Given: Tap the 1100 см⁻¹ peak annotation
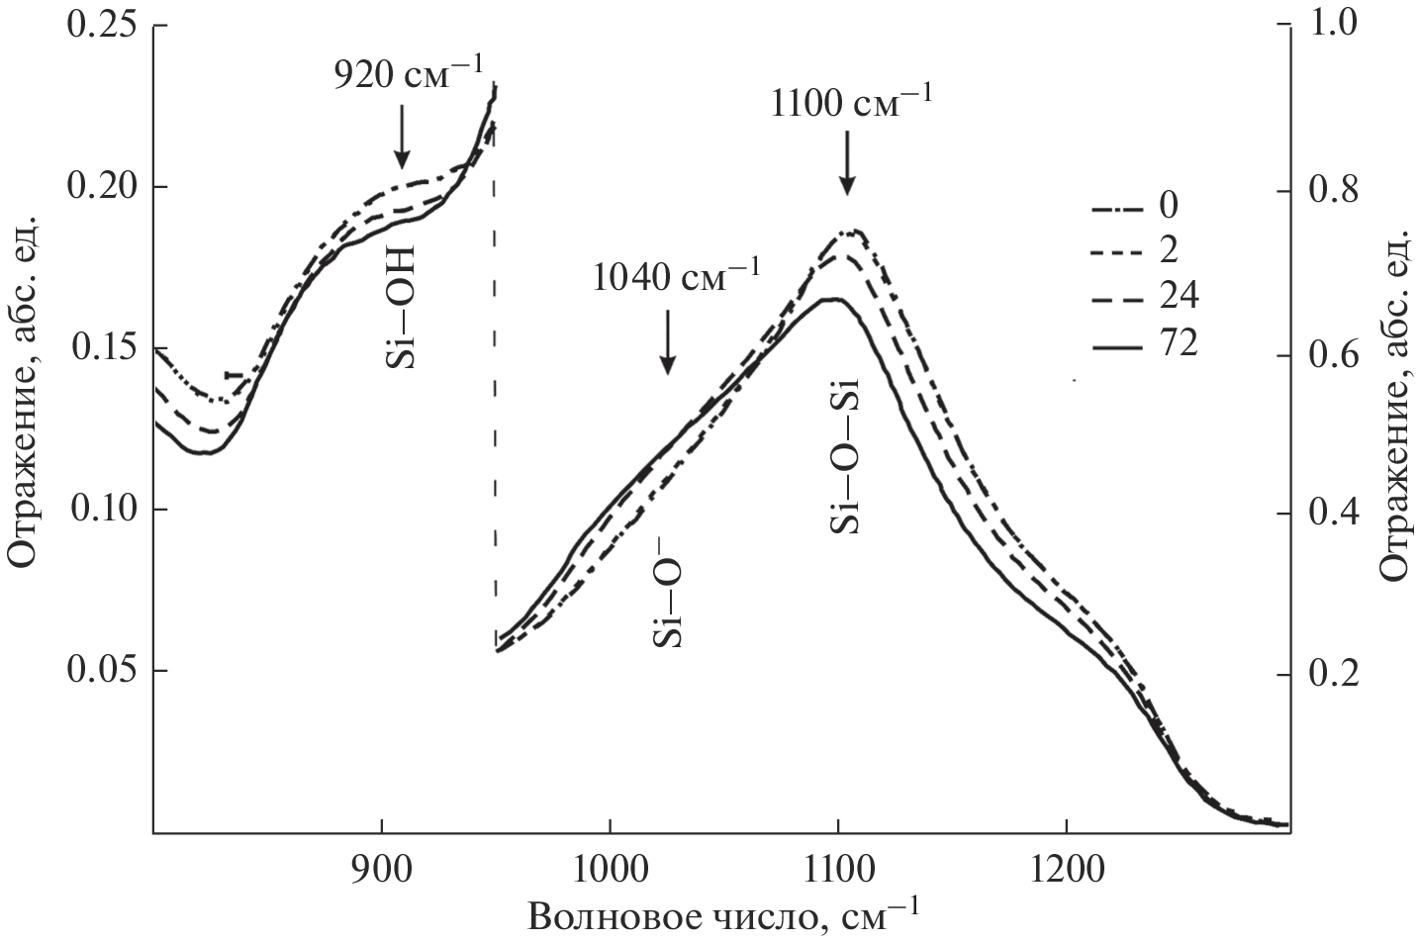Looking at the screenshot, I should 850,101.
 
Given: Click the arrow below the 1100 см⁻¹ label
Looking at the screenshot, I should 846,165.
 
